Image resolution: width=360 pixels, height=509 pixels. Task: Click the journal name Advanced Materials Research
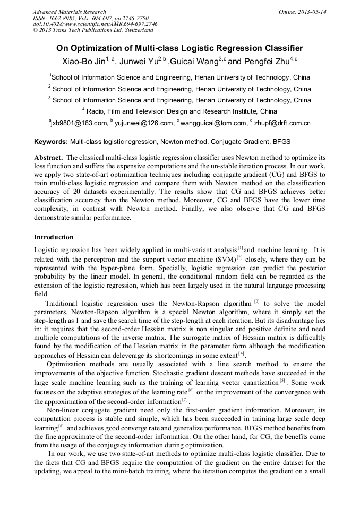69,11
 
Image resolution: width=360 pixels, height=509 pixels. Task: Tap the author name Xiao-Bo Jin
83,62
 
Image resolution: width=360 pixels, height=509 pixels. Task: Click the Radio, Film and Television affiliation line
180,111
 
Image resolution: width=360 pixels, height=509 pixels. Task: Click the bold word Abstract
48,158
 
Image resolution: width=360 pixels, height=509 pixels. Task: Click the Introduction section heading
54,237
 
